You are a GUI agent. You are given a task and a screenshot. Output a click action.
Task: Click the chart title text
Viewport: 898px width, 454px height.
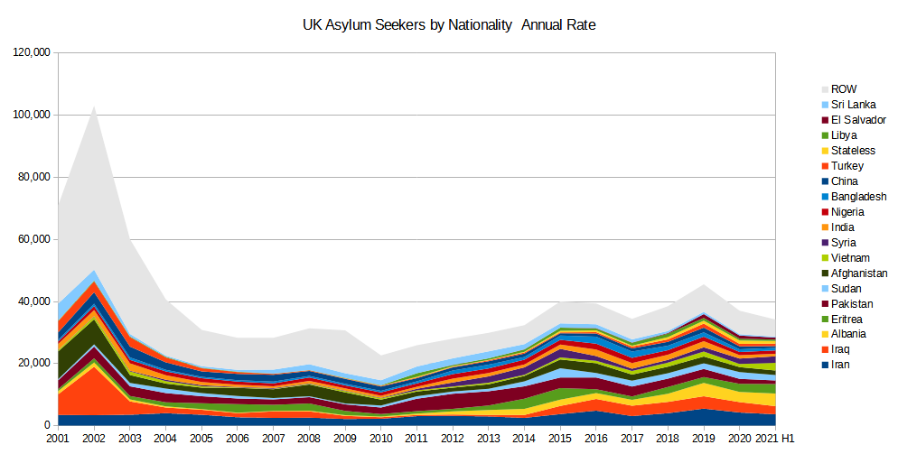448,25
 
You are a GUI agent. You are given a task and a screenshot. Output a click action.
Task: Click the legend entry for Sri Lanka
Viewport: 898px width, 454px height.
853,105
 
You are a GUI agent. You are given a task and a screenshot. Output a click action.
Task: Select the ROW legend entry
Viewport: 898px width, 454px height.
844,89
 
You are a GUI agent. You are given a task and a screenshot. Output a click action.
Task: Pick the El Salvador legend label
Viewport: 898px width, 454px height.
859,120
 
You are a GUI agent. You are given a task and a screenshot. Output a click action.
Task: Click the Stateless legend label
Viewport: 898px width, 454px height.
854,151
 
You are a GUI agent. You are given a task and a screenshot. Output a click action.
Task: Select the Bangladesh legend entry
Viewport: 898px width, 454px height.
858,197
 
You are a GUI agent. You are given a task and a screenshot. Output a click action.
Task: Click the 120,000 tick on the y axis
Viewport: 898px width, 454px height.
33,53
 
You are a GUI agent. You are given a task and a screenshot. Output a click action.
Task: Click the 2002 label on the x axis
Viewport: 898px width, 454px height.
93,438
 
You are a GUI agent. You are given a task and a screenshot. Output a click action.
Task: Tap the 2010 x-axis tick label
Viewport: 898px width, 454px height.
380,438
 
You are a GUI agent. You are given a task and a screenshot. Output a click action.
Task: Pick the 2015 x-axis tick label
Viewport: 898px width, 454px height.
560,438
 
